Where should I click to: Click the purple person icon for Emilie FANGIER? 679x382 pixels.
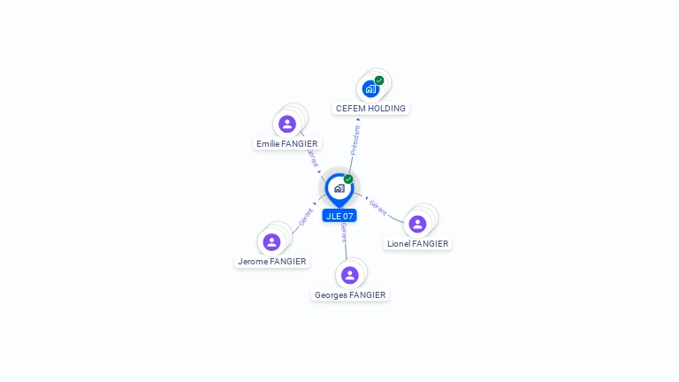coord(286,124)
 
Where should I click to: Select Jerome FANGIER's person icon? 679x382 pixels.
coord(271,241)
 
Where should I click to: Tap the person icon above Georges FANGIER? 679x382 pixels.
coord(350,275)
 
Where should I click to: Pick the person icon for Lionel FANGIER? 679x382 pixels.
coord(417,224)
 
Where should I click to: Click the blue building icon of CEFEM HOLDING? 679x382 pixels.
coord(370,88)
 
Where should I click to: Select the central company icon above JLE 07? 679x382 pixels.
coord(339,187)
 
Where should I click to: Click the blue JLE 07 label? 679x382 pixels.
coord(339,216)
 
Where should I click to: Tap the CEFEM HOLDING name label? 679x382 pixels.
coord(370,109)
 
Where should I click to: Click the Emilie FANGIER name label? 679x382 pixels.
coord(286,143)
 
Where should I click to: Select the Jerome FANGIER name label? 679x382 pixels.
coord(271,262)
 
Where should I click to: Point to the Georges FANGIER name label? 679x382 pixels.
coord(350,295)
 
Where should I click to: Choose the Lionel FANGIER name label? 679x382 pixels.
coord(417,244)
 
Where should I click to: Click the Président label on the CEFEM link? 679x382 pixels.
coord(355,140)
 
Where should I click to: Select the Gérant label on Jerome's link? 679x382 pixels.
coord(306,217)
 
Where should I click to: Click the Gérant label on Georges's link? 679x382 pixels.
coord(343,233)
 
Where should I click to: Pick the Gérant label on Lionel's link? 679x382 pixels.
coord(378,207)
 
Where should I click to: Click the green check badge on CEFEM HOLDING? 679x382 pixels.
coord(379,80)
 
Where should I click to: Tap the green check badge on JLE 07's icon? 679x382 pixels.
coord(348,180)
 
